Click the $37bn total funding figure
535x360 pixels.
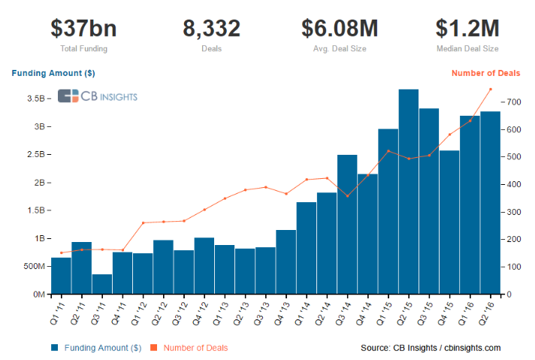[x=83, y=29]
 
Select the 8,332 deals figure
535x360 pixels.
[x=212, y=29]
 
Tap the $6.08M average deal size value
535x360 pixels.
[x=340, y=29]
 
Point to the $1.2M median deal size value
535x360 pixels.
[x=467, y=29]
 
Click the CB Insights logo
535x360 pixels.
[x=98, y=95]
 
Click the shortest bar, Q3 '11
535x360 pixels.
[x=102, y=284]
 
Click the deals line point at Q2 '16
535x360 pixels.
[x=491, y=89]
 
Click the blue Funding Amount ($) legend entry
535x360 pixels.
[x=96, y=348]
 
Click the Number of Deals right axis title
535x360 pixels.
[x=486, y=73]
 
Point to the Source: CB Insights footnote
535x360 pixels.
[x=431, y=348]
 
